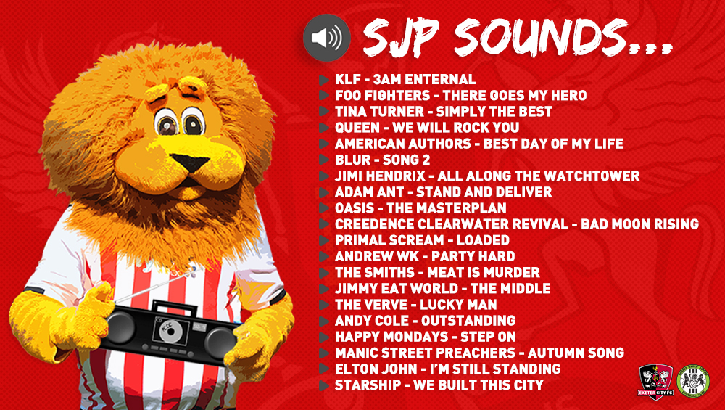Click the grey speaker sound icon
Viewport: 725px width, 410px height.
(326, 38)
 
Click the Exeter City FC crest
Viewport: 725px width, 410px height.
(655, 381)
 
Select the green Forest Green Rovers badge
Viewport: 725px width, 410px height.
(692, 381)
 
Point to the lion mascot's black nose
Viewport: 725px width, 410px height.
(191, 163)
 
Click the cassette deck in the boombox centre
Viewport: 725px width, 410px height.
(170, 331)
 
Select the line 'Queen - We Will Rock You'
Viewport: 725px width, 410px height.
(427, 127)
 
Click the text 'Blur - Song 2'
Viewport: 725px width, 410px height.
(382, 160)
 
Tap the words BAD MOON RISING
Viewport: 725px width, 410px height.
(639, 224)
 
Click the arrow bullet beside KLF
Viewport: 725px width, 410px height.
(323, 80)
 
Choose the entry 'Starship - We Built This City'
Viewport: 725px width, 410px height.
(439, 385)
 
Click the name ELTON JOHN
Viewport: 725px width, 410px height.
(376, 369)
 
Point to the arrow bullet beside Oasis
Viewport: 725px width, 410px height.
(323, 208)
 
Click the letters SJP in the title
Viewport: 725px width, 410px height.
(400, 38)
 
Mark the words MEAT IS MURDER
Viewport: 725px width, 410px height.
(483, 273)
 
